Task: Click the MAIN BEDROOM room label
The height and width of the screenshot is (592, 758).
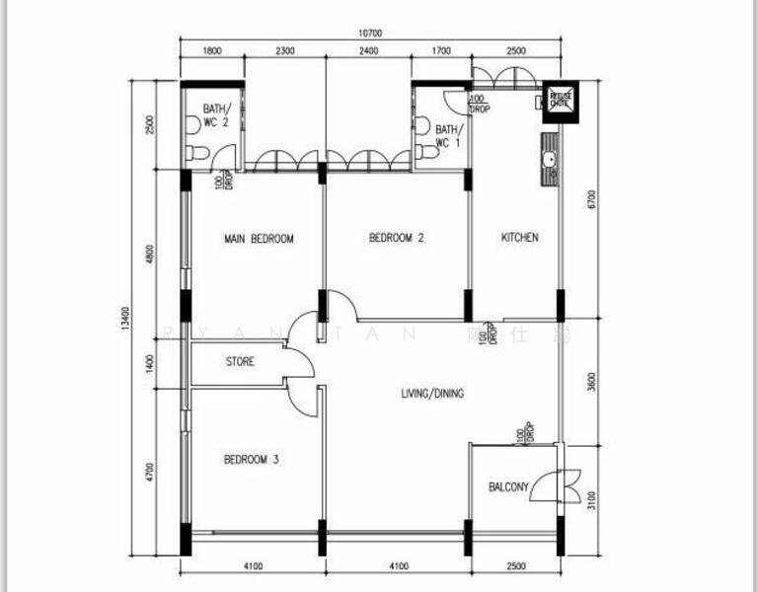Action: [259, 239]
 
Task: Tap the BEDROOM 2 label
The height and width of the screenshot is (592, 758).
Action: [396, 238]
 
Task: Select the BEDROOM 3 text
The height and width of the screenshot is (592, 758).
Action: [251, 459]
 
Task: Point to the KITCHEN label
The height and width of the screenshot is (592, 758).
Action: [519, 238]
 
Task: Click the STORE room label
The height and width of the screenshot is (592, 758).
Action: [240, 362]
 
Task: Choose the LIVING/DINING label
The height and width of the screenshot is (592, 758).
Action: [432, 394]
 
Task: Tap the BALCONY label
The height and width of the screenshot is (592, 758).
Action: [509, 487]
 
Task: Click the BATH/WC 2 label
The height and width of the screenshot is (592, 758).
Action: [215, 115]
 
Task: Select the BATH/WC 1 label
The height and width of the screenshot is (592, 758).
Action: [447, 136]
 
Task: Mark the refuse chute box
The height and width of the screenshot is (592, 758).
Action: [561, 100]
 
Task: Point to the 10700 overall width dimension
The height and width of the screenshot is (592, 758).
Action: [370, 33]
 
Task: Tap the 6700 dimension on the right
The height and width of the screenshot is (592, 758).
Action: [589, 201]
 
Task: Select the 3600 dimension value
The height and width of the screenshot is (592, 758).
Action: [589, 381]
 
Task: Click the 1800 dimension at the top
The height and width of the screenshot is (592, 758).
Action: [211, 51]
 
